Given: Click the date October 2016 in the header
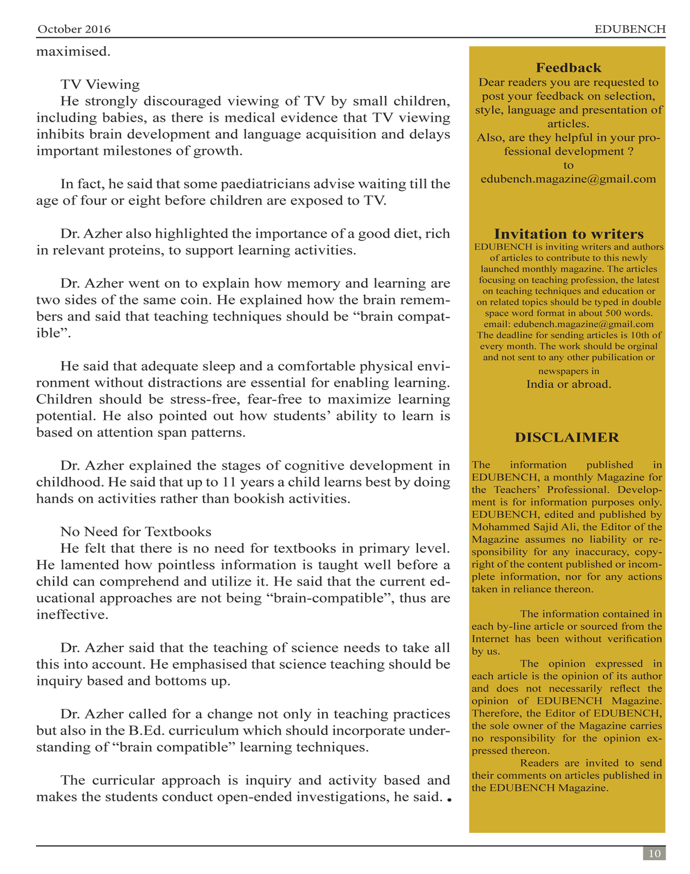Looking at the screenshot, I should pos(74,29).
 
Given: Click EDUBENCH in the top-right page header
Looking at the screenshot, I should pos(630,29).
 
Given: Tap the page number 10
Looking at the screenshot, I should pos(654,854).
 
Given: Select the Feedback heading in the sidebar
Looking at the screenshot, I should pos(568,68).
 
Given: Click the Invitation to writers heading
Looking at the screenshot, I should pos(569,234).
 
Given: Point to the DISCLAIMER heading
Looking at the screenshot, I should pos(567,437).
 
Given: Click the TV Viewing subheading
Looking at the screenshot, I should pos(100,85).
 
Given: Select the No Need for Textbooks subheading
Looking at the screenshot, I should pos(136,532).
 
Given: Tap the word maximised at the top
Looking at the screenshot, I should pos(73,52).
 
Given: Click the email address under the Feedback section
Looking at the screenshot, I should pos(568,179).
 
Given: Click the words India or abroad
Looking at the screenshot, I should pos(569,385).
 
